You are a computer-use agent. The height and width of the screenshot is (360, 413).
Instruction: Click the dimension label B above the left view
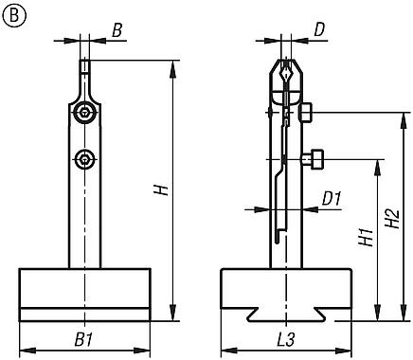(x=117, y=31)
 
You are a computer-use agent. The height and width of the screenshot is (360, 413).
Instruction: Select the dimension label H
(x=162, y=189)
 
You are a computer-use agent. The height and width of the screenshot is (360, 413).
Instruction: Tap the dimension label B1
(x=83, y=338)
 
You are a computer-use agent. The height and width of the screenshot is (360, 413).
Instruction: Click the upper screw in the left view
(x=86, y=114)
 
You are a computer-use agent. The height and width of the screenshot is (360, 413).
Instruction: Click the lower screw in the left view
(x=86, y=158)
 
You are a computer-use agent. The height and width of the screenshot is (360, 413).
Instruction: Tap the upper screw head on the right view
(x=306, y=113)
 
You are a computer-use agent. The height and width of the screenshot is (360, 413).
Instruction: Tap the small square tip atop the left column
(x=85, y=67)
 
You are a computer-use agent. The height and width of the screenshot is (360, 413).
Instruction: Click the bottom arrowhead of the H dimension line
(x=174, y=315)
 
